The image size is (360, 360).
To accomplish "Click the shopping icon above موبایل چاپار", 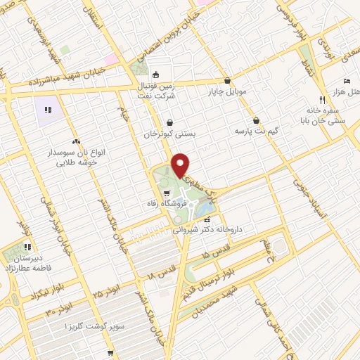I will [x=228, y=80].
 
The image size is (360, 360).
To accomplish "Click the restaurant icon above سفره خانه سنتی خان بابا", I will [x=322, y=100].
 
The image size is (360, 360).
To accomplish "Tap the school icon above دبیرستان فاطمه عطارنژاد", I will [x=28, y=247].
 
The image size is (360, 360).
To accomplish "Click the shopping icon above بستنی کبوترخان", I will [x=170, y=122].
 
